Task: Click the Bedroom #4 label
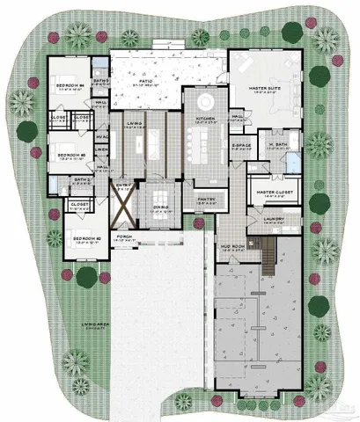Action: click(x=70, y=85)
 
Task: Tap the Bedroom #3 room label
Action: click(x=70, y=155)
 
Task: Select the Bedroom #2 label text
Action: click(x=84, y=238)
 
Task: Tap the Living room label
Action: click(x=134, y=124)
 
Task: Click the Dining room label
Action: click(x=160, y=205)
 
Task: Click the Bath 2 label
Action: click(x=83, y=179)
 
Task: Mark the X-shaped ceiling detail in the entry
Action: click(x=122, y=207)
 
